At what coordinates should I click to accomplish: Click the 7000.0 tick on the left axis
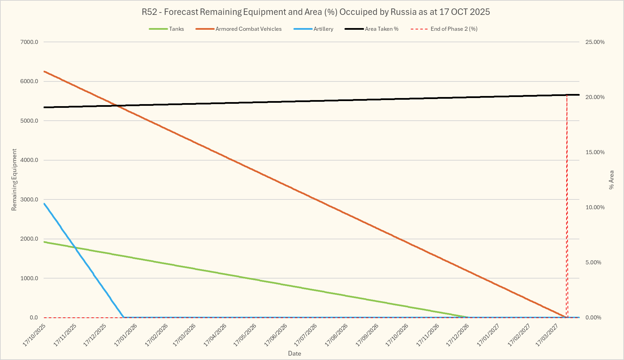29,42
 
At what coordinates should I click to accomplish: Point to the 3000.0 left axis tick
29,200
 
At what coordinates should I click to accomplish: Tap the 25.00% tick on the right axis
595,42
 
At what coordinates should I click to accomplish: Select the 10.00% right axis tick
595,208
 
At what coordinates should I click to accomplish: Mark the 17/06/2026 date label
276,335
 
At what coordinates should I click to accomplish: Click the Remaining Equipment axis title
14,179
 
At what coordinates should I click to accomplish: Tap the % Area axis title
611,179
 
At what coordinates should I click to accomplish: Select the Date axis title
294,354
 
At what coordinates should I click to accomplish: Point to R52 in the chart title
149,12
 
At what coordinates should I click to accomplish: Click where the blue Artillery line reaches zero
124,317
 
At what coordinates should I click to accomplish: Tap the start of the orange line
44,71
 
